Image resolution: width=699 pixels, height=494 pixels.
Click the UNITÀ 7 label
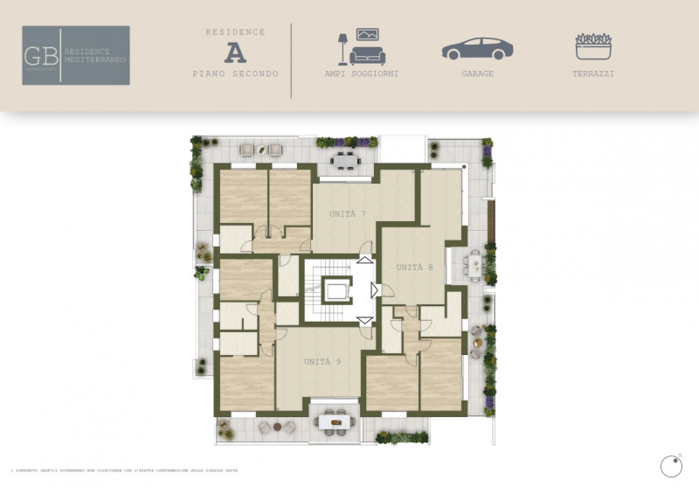347,214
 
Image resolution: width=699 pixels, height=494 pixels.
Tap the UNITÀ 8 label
415,268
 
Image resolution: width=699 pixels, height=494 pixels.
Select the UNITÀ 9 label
322,361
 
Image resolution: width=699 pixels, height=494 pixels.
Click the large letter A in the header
235,52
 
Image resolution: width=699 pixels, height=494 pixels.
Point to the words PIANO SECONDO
235,74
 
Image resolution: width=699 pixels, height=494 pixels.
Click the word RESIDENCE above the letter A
235,32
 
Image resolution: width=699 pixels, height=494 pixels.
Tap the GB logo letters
41,55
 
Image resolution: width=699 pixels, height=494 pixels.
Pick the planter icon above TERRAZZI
594,47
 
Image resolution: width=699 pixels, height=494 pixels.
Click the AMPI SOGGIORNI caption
361,74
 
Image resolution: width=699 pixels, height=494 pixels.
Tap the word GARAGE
478,74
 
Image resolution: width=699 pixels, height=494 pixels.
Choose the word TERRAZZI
594,74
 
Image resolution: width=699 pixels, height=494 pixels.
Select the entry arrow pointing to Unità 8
374,290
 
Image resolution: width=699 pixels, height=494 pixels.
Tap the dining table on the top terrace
345,160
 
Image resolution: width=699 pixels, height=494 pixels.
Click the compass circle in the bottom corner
670,467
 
